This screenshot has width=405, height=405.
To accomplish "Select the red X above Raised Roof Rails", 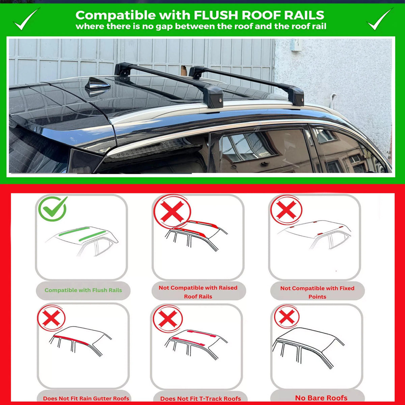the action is [x=172, y=211].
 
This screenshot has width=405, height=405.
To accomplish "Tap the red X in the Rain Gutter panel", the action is [x=52, y=318].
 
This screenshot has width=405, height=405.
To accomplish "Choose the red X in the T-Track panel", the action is [x=168, y=319].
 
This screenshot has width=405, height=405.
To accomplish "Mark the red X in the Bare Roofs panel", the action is [x=287, y=317].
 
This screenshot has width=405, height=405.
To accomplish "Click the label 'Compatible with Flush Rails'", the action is [x=83, y=290].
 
